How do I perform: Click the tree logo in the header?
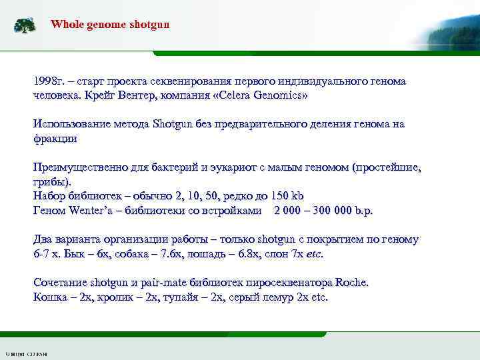point(25,26)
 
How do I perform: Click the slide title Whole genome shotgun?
point(110,24)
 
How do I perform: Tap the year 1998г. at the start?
point(48,81)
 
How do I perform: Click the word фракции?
point(55,138)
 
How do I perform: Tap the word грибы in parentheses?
point(51,181)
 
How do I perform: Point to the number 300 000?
point(337,210)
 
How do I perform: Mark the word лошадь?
point(220,254)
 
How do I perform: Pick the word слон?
point(281,254)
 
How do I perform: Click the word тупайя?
point(189,297)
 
